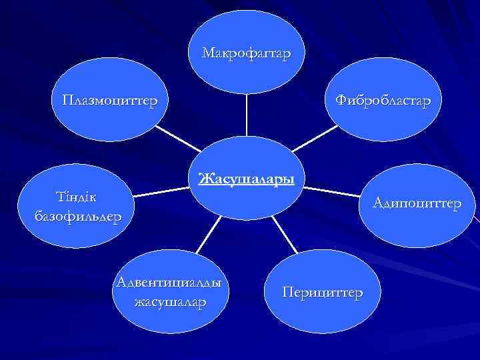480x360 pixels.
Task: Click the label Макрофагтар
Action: point(246,53)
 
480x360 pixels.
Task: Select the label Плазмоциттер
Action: point(110,101)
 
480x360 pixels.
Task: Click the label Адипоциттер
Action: point(417,202)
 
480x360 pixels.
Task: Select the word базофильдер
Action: point(77,216)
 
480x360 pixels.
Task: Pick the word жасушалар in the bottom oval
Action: point(170,302)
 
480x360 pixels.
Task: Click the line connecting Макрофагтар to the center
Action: point(247,117)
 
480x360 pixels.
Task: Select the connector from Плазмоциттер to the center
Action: point(177,141)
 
